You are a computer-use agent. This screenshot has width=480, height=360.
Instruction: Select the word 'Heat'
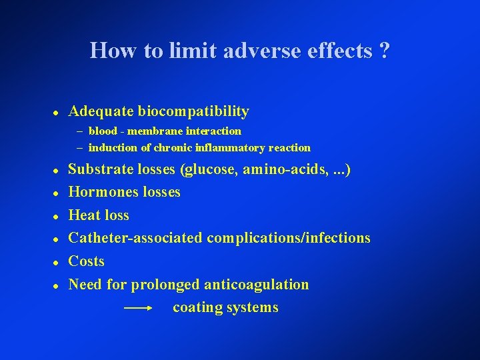pos(84,215)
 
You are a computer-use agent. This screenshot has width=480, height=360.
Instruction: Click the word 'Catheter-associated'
pos(136,238)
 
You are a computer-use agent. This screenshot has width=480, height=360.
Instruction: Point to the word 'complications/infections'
pos(289,238)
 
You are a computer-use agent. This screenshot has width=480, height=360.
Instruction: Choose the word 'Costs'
pos(87,261)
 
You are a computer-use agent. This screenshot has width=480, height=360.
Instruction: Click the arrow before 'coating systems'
pos(139,308)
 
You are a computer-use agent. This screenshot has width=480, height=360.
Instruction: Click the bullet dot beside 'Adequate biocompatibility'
pos(57,112)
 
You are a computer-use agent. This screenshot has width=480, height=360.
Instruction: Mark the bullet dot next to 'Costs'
pos(57,261)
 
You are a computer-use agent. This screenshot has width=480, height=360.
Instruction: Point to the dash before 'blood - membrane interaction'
pos(79,131)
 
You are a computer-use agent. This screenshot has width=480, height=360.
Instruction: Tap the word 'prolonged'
pos(165,285)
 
